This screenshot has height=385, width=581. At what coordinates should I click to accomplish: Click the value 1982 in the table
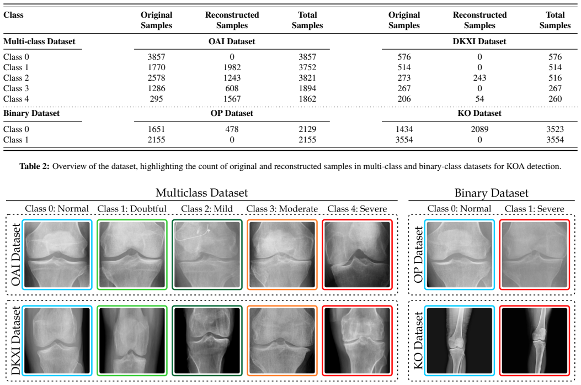coord(232,67)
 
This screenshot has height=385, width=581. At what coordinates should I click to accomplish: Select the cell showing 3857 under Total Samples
coord(307,57)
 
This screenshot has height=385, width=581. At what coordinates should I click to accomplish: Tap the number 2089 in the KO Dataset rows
coord(479,129)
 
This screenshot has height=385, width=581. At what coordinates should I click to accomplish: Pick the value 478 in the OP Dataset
coord(232,129)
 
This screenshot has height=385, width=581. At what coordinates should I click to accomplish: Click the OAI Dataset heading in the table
coord(232,41)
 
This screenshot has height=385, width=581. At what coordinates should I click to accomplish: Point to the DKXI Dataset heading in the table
coord(479,41)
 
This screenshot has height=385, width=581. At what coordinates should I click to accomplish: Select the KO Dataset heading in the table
coord(479,113)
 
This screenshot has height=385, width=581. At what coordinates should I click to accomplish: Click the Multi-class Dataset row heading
coord(39,41)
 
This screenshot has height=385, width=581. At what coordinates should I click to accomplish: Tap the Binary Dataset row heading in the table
coord(31,113)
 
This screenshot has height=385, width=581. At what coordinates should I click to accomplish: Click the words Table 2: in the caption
coord(34,166)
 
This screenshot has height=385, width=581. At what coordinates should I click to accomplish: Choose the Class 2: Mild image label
coord(207,209)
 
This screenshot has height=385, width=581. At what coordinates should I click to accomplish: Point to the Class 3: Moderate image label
coord(282,209)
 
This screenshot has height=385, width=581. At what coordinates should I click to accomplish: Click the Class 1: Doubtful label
coord(132,209)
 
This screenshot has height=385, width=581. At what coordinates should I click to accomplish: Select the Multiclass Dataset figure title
coord(201,193)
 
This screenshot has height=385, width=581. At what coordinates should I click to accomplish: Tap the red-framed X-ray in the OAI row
coord(357,255)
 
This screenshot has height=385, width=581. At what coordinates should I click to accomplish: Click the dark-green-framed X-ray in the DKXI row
coord(207,340)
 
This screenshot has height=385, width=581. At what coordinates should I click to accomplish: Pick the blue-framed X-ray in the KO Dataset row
coord(460,340)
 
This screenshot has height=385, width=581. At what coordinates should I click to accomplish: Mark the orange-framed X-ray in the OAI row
coord(282,255)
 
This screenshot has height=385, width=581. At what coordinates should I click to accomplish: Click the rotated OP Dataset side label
coord(418,255)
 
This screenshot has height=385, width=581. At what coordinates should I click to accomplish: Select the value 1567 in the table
coord(232,99)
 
